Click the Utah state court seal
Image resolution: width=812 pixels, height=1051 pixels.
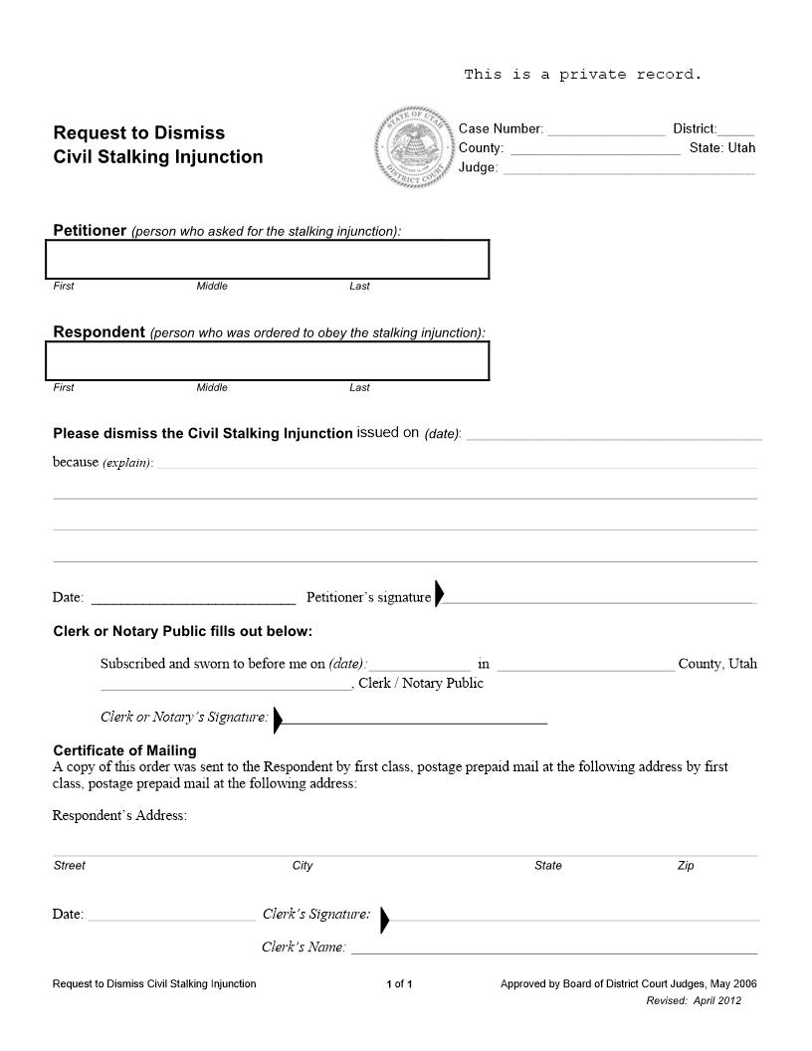click(x=413, y=146)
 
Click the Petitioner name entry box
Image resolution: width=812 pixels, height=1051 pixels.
click(x=268, y=260)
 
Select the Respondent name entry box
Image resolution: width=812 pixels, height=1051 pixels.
click(x=268, y=361)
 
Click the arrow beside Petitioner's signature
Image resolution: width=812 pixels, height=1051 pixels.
click(x=439, y=594)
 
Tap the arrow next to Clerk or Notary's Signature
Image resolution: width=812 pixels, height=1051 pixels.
click(x=278, y=719)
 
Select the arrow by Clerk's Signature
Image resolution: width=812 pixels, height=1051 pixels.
click(x=385, y=920)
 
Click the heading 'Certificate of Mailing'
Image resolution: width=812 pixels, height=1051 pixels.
click(x=124, y=750)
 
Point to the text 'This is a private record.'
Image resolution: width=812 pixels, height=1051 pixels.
click(x=583, y=75)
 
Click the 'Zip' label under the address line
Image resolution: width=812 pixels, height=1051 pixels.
click(x=686, y=866)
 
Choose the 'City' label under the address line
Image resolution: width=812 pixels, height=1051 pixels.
click(x=303, y=866)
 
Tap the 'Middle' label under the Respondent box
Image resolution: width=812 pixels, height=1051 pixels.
click(x=212, y=388)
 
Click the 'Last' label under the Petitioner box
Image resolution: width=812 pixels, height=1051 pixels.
click(x=359, y=287)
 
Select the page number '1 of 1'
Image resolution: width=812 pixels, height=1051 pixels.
click(x=399, y=984)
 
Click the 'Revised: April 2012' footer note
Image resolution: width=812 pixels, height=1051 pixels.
click(x=694, y=1000)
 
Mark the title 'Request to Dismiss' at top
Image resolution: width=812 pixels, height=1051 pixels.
click(x=138, y=132)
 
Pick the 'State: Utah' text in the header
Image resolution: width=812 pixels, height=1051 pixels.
click(x=722, y=148)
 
